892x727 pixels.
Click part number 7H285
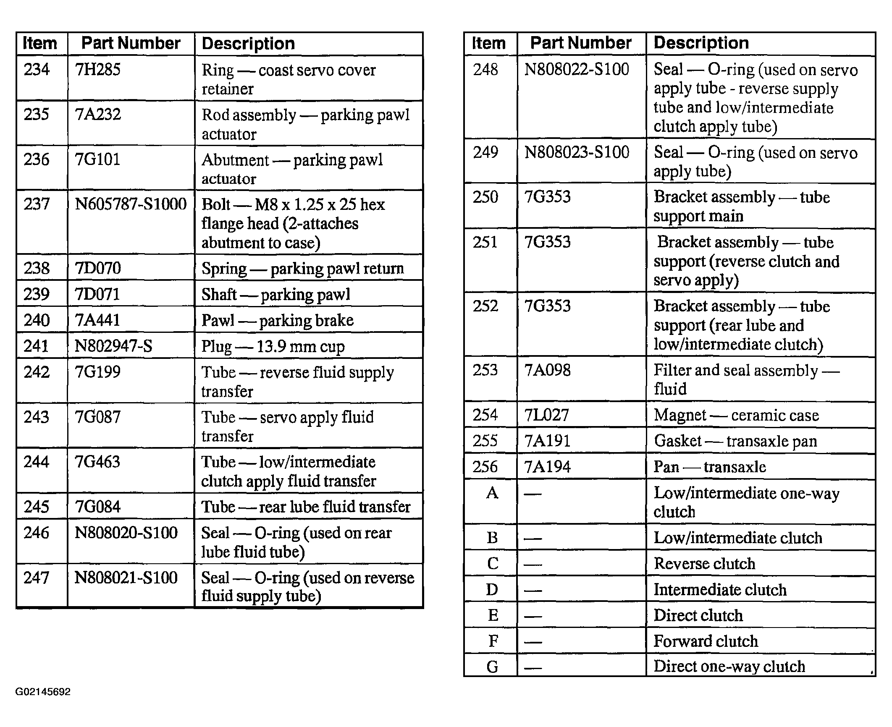tap(97, 70)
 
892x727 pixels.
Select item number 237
tap(37, 204)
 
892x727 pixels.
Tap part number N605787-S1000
tap(130, 204)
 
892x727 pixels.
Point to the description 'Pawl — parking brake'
tap(277, 320)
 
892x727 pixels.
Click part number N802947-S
tap(113, 346)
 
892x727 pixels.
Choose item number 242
tap(37, 372)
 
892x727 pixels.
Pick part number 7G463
tap(97, 462)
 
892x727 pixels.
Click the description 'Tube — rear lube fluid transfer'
tap(306, 507)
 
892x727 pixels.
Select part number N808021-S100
tap(126, 578)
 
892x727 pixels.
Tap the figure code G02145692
tap(43, 692)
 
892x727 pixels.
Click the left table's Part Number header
tap(131, 43)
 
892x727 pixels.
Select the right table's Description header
tap(701, 43)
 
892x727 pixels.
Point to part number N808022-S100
tap(577, 70)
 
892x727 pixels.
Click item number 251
tap(485, 242)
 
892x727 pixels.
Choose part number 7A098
tap(548, 370)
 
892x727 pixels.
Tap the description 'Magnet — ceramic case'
tap(736, 415)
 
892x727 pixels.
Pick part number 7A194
tap(548, 467)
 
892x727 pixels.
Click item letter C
tap(493, 564)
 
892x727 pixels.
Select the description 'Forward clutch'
tap(706, 641)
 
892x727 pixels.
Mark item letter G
tap(493, 667)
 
